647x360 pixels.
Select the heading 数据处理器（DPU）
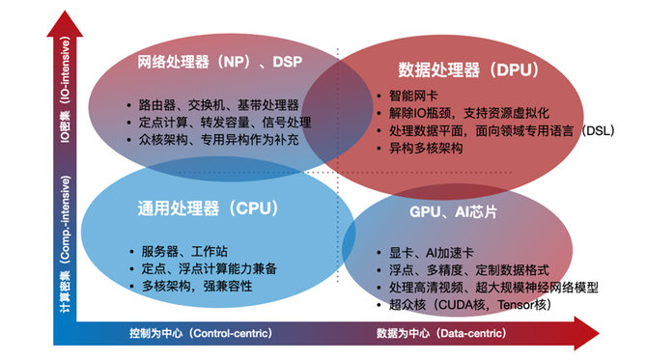click(x=467, y=69)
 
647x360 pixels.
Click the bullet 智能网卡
click(x=410, y=96)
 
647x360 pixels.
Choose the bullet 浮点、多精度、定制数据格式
click(x=458, y=269)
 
